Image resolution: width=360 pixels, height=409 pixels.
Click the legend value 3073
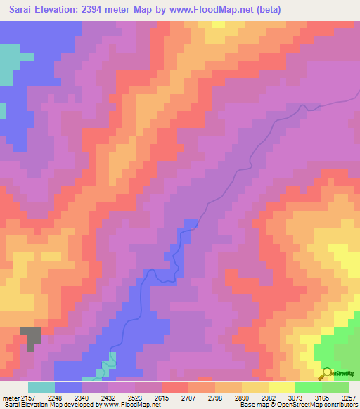point(295,397)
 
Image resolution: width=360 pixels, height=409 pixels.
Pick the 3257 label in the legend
point(348,397)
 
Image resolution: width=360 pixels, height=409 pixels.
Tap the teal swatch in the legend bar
point(41,387)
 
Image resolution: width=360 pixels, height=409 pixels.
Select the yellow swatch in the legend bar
point(282,387)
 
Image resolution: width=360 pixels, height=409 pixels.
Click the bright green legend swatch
point(309,387)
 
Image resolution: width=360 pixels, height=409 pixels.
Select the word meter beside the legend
point(11,397)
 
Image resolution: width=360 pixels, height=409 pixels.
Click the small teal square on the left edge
point(3,111)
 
